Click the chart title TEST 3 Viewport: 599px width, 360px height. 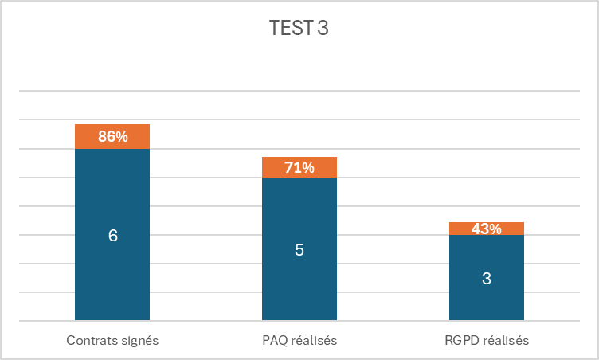point(299,29)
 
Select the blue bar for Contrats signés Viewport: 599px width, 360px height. point(112,271)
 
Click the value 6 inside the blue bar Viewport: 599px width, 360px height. point(112,236)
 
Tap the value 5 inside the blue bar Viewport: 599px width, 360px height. point(299,250)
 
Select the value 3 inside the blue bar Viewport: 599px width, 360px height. point(486,279)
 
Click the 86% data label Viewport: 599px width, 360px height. point(112,137)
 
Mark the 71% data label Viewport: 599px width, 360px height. point(299,168)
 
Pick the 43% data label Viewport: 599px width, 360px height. point(486,229)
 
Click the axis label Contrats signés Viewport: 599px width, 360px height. point(112,341)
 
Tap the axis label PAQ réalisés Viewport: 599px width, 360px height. point(299,341)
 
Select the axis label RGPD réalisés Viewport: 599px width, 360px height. point(486,341)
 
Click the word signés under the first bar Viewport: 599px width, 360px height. point(139,341)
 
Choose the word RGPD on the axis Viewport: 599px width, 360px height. point(460,341)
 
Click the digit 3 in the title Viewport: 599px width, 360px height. point(323,29)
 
